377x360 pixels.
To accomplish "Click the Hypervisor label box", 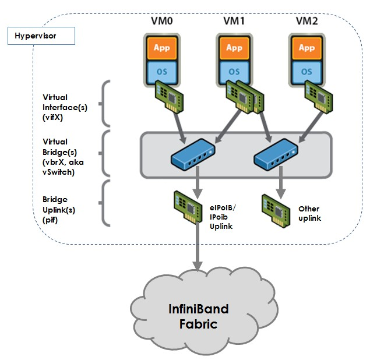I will point(41,36).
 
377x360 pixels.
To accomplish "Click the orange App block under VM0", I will point(161,47).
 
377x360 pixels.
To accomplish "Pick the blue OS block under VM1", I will point(234,70).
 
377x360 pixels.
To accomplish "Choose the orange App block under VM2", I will point(306,47).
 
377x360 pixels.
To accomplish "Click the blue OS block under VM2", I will point(306,70).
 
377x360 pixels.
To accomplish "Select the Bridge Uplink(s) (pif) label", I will point(59,207).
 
